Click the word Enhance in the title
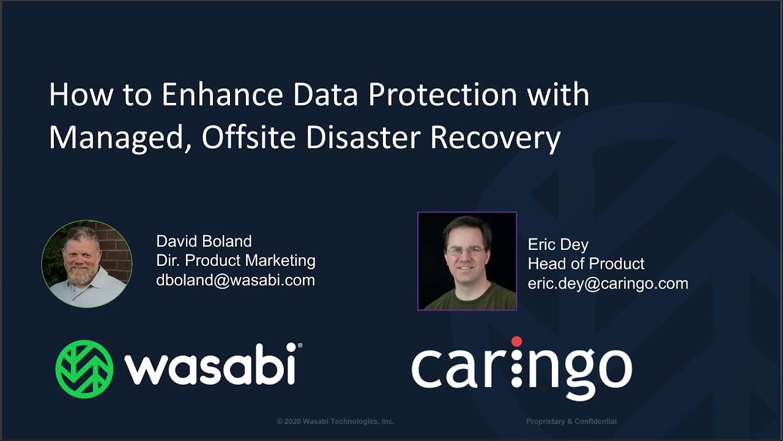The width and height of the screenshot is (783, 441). [223, 95]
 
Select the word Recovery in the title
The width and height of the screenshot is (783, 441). [495, 138]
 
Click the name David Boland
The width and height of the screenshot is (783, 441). [204, 241]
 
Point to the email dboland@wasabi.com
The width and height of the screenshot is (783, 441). [236, 281]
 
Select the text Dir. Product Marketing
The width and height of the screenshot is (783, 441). [236, 261]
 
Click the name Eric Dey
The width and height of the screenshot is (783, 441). [558, 245]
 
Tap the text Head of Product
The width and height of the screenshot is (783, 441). [586, 264]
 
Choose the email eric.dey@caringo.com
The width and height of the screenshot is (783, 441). [608, 284]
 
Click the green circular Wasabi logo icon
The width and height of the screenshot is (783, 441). [84, 369]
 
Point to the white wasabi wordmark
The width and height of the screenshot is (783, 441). [210, 368]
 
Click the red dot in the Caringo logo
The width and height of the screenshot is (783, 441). [516, 341]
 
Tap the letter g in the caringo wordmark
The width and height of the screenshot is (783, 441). [558, 374]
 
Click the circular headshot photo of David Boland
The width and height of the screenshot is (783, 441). [87, 264]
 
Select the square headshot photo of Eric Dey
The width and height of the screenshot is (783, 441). [467, 261]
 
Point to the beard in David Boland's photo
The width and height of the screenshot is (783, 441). [83, 276]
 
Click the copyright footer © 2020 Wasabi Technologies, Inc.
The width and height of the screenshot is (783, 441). [335, 421]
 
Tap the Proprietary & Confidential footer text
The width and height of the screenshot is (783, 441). [571, 421]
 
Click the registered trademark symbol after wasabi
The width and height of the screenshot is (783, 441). [299, 346]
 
